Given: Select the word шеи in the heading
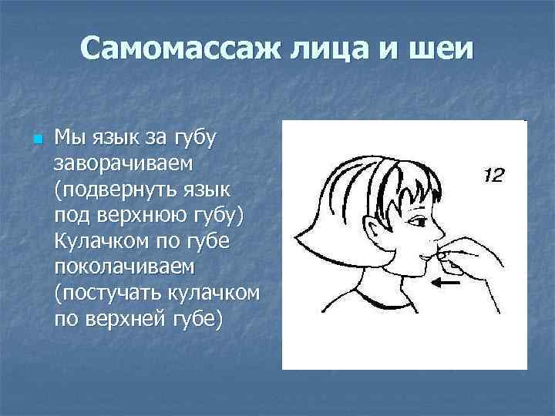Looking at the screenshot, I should [x=442, y=50].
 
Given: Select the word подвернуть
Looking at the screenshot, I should [x=123, y=190].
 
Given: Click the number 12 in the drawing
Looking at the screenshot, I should [x=493, y=176].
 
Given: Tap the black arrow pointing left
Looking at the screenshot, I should [x=447, y=283].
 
